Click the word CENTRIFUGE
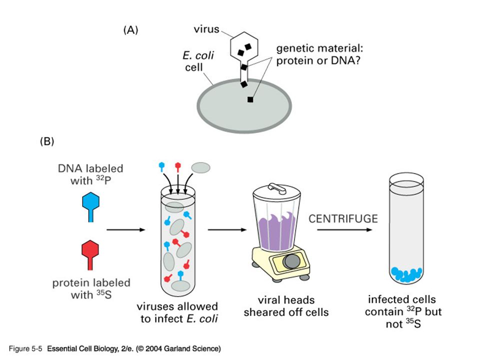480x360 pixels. tap(343, 218)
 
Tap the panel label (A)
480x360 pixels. tap(130, 30)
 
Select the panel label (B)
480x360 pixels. tap(47, 141)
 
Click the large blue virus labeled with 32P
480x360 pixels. tap(90, 206)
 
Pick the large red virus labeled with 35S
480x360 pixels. tap(90, 254)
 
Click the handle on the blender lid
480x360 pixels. tap(276, 187)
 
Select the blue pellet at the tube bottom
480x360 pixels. tap(406, 274)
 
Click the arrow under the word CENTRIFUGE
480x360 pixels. tap(344, 229)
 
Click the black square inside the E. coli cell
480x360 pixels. tap(250, 99)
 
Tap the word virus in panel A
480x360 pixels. tap(206, 29)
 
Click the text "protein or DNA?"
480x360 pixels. tap(318, 60)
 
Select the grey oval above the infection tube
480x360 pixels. tap(201, 167)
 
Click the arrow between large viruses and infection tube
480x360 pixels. tap(126, 229)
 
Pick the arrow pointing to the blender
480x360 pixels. tap(227, 229)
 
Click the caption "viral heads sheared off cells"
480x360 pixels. tap(286, 306)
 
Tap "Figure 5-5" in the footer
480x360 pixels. tap(25, 348)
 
